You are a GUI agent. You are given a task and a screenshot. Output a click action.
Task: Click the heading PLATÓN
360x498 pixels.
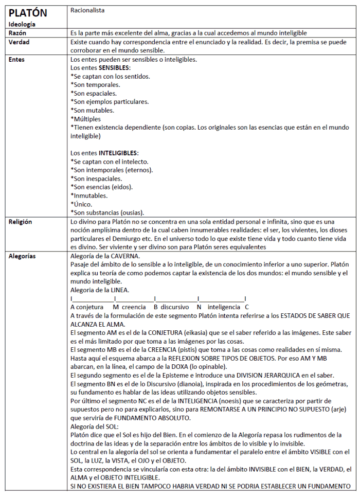coord(28,12)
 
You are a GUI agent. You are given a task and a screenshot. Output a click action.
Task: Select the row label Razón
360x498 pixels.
coord(17,32)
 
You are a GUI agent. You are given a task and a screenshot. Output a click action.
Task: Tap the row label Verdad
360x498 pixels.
coord(20,42)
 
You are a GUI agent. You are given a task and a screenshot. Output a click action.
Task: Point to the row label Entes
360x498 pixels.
coord(17,59)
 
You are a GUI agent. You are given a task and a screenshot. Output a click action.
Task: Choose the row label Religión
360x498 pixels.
coord(21,222)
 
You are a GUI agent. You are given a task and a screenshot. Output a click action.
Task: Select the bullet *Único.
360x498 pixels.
coord(82,204)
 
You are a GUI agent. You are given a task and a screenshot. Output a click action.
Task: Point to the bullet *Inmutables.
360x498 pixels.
coord(89,195)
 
